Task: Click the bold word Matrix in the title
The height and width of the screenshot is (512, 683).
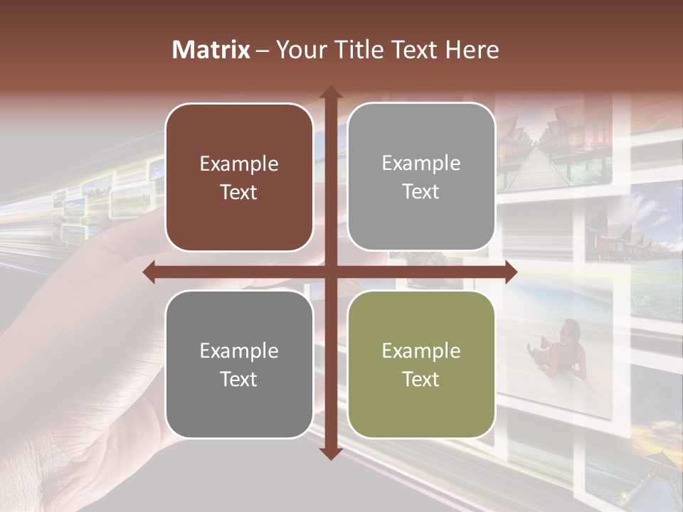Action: (x=211, y=50)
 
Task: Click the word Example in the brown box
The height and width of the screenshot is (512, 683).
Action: (x=239, y=164)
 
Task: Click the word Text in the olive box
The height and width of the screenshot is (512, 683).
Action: (x=421, y=379)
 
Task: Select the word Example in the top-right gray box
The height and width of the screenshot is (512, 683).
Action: (x=421, y=164)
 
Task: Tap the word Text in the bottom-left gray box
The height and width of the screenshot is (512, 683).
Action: (x=239, y=379)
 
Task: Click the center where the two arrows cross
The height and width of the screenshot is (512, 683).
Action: (x=330, y=272)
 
